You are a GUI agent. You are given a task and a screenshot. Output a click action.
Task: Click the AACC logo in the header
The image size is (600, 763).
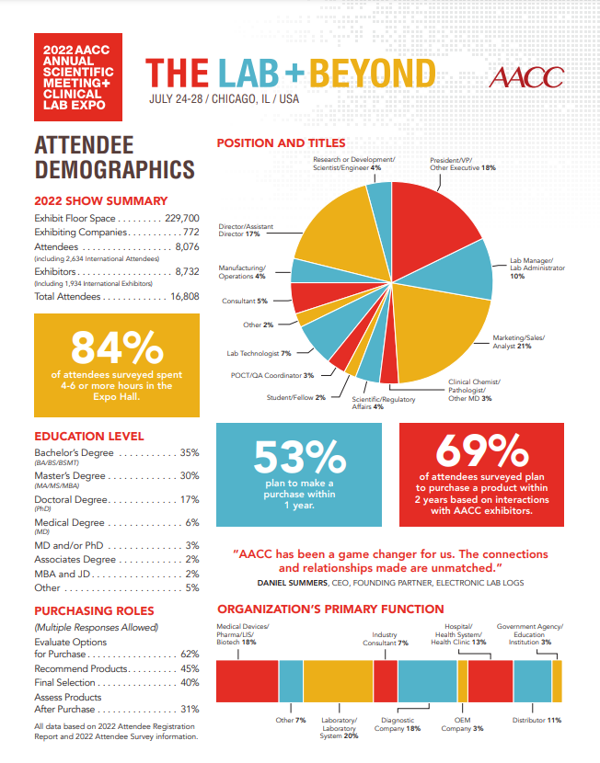(x=527, y=77)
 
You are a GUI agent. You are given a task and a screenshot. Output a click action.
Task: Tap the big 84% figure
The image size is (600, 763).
(x=114, y=348)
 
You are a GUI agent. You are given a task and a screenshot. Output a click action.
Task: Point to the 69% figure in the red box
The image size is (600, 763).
(x=480, y=450)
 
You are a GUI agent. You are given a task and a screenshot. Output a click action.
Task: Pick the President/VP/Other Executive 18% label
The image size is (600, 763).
(x=463, y=164)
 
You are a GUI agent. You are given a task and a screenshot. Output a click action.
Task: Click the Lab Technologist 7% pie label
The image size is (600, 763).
(x=260, y=353)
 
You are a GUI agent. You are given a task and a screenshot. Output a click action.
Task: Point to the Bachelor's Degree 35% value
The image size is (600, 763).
(x=190, y=453)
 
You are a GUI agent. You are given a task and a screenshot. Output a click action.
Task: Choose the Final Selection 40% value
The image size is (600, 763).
(x=190, y=683)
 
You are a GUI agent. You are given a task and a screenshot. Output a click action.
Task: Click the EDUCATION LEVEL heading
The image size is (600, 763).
(x=88, y=436)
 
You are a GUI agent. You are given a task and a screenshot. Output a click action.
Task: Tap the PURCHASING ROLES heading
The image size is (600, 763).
(x=94, y=610)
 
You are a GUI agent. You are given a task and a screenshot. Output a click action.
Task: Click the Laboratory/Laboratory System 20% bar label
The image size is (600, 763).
(x=339, y=728)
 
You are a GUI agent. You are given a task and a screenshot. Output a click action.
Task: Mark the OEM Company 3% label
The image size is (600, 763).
(x=462, y=724)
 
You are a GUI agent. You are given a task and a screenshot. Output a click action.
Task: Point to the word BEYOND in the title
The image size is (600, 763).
(x=373, y=74)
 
